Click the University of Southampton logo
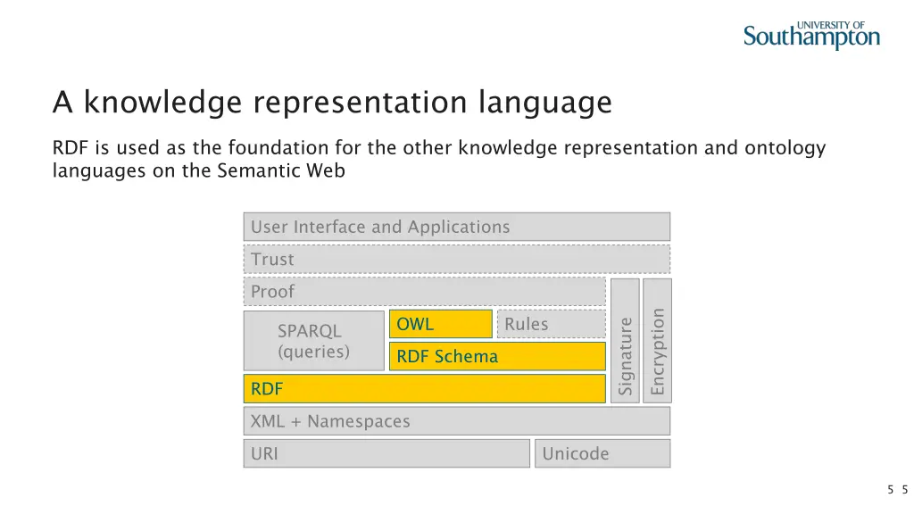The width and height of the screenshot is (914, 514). click(x=811, y=35)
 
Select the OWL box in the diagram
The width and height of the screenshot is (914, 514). click(x=440, y=324)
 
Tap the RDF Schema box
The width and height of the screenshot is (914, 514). click(x=496, y=356)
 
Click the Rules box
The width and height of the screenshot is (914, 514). click(x=551, y=324)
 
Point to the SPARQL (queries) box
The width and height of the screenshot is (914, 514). click(x=313, y=341)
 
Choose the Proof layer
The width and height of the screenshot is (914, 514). click(x=424, y=292)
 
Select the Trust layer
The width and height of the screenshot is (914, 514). click(x=456, y=260)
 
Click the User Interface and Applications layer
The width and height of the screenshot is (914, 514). click(x=456, y=227)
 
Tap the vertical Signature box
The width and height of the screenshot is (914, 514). click(x=625, y=341)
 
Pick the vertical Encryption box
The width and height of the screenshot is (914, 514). click(x=658, y=341)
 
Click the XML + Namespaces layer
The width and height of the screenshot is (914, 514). click(x=456, y=421)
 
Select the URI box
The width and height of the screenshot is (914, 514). click(x=386, y=453)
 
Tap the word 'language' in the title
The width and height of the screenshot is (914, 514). click(x=545, y=103)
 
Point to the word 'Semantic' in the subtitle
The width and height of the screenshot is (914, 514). click(x=252, y=170)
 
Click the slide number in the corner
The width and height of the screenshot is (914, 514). click(x=897, y=489)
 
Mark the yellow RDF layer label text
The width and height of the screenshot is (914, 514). click(x=267, y=389)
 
